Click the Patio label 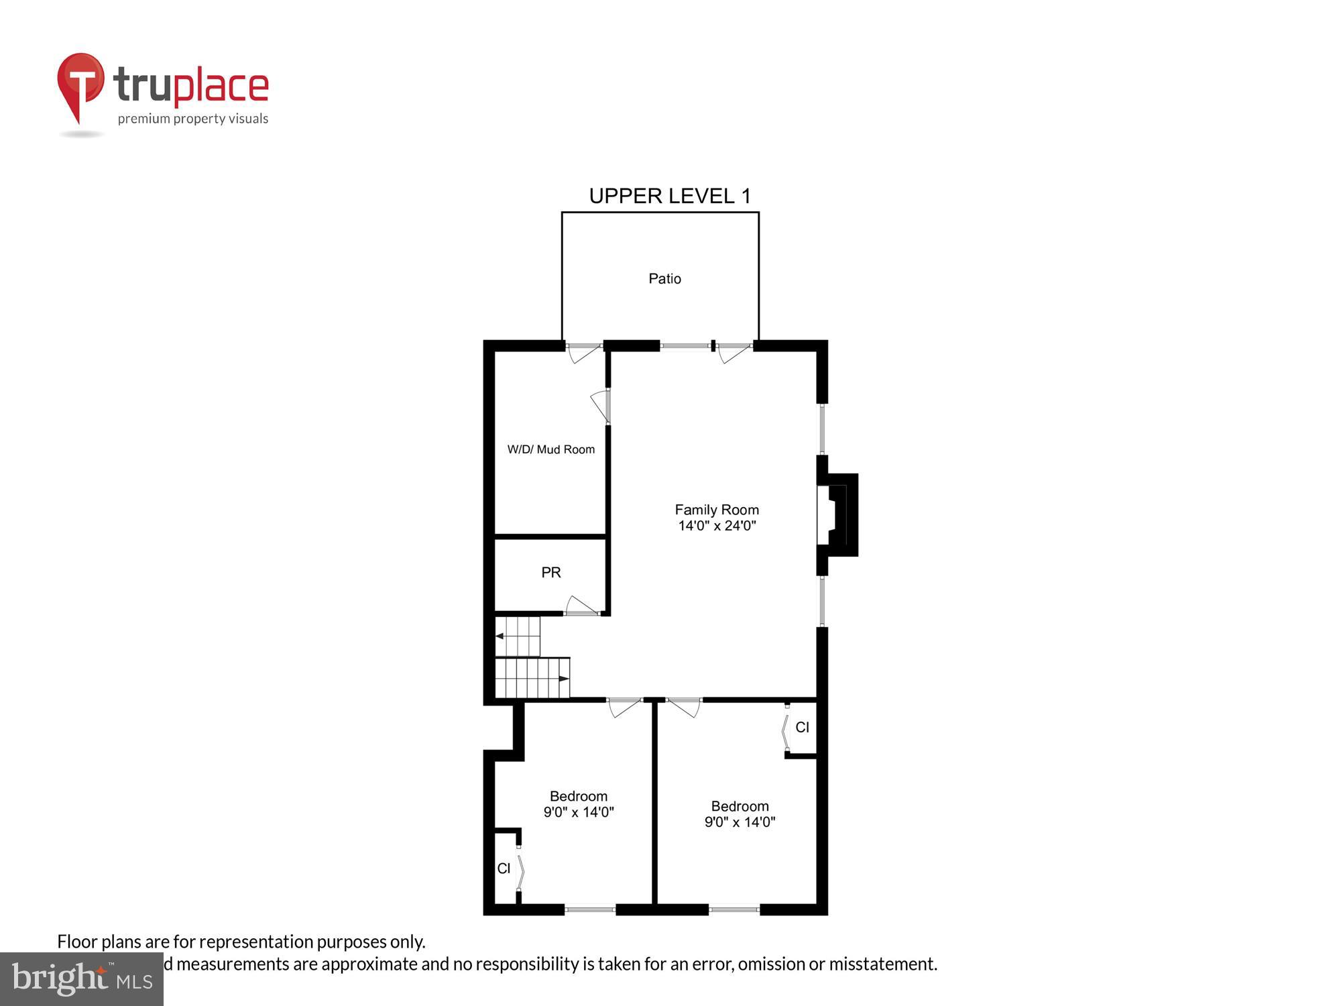tap(664, 278)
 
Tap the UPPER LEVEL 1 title tap(670, 196)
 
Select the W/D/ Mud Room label tap(550, 449)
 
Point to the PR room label tap(550, 572)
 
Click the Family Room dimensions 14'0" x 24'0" tap(717, 526)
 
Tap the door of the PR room tap(581, 606)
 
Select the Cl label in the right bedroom tap(802, 727)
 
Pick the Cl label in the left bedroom tap(504, 869)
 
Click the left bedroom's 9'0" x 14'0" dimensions tap(579, 812)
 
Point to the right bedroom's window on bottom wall tap(734, 909)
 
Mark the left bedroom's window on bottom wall tap(590, 909)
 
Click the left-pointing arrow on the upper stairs tap(500, 636)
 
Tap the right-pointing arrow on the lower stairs tap(564, 679)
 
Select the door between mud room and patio tap(583, 351)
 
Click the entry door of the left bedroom tap(624, 706)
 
